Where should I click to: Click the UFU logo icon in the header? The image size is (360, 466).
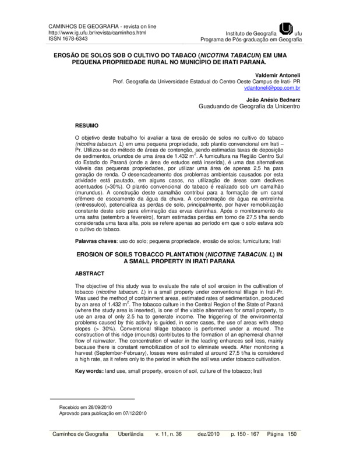tap(287, 29)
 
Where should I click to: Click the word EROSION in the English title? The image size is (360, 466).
tap(93, 254)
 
